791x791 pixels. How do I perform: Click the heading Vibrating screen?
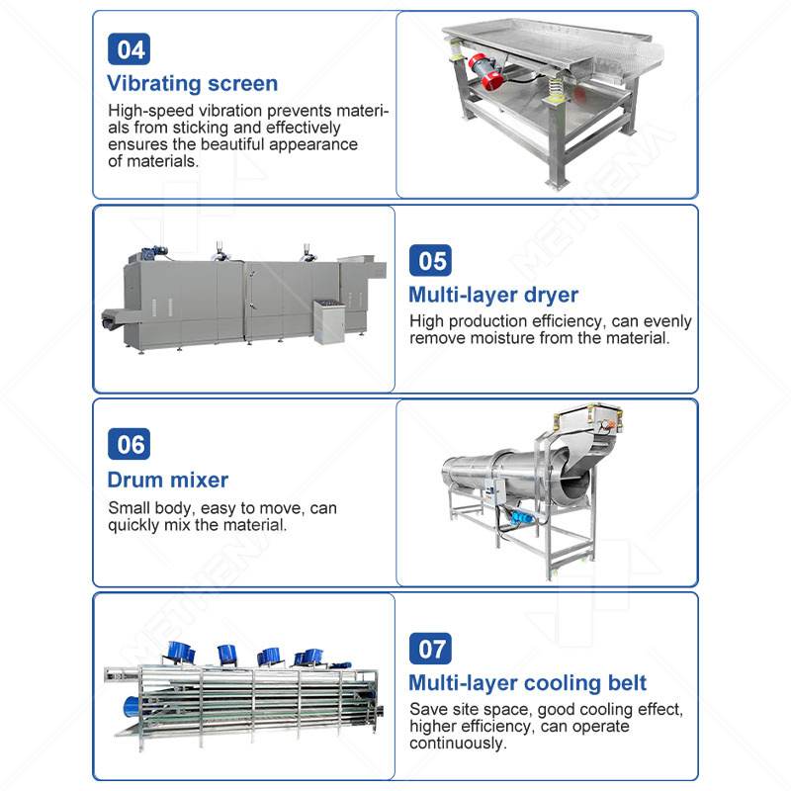click(x=193, y=83)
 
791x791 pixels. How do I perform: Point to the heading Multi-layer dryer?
click(x=493, y=295)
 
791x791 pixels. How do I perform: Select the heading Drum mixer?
click(x=168, y=481)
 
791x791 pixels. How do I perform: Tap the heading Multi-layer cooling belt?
click(x=528, y=683)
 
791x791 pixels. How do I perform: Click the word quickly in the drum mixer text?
click(x=137, y=525)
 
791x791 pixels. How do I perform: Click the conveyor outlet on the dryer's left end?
click(x=110, y=320)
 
